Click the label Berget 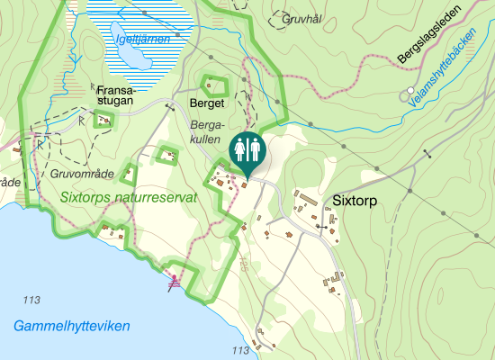[x=206, y=104]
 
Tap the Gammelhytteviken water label [x=72, y=325]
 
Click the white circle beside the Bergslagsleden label [x=410, y=91]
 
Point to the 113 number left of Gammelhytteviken [x=34, y=300]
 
